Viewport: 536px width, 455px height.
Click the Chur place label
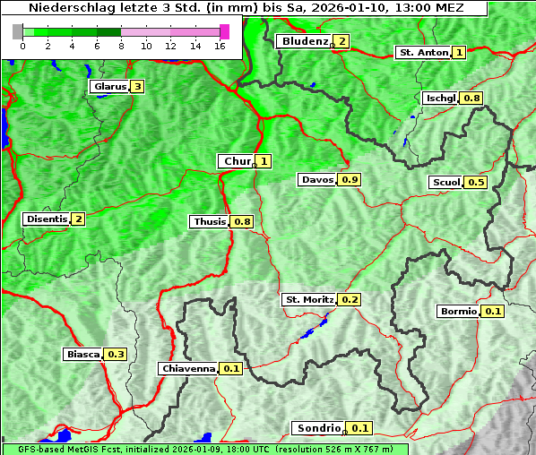pos(238,161)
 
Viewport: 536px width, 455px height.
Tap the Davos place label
pos(317,180)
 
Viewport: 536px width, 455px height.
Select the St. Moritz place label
pos(308,299)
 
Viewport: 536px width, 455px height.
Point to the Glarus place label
pos(108,87)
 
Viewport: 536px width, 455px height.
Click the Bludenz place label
pos(305,41)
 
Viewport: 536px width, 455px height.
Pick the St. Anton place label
pos(423,53)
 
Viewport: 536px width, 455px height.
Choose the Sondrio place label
pos(318,428)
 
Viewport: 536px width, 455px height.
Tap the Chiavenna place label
pos(188,368)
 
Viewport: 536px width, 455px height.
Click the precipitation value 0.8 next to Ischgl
pos(472,98)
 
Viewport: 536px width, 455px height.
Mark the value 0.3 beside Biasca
pos(116,355)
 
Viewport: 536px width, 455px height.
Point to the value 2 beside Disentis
pos(78,219)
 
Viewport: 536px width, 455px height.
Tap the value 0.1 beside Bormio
pos(493,312)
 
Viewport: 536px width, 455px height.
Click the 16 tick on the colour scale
pos(220,45)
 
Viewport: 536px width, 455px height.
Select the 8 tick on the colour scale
pos(121,45)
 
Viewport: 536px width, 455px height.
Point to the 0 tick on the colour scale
pos(22,45)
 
